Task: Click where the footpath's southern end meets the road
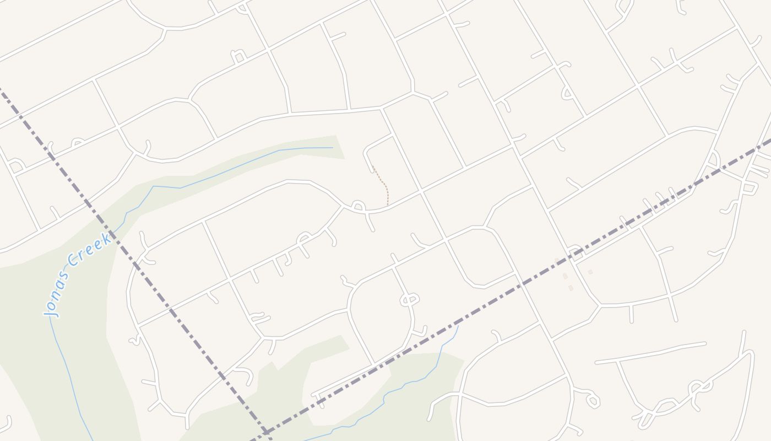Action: (388, 206)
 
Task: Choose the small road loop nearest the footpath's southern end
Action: (358, 207)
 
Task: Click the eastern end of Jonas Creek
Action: (332, 148)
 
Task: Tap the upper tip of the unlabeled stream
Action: (458, 326)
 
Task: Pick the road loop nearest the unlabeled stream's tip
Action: (409, 299)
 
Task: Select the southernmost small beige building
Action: (571, 288)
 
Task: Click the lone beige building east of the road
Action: (590, 272)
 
